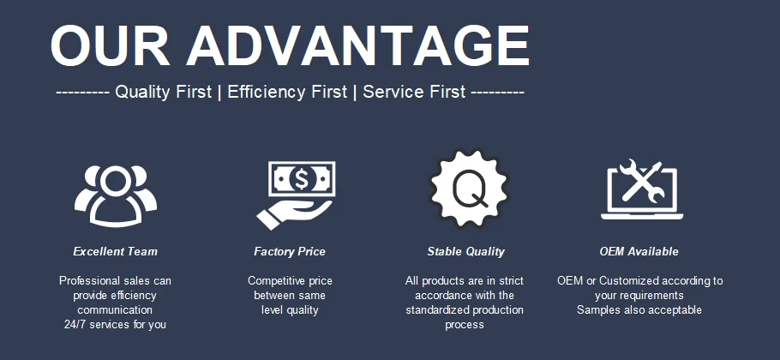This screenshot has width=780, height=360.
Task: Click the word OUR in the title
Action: point(110,45)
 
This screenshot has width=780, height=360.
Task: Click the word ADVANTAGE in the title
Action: point(358,45)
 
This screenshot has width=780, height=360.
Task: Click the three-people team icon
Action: point(116,195)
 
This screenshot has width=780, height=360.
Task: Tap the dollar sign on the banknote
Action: point(302,179)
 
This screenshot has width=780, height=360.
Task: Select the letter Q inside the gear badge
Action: point(470,189)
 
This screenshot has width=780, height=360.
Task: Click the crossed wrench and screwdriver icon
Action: point(642,181)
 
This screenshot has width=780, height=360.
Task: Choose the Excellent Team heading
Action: point(116,252)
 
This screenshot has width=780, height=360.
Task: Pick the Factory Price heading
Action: point(290,252)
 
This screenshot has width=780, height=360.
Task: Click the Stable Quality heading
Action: point(465,252)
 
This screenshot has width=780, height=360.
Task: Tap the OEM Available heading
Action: point(639,252)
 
